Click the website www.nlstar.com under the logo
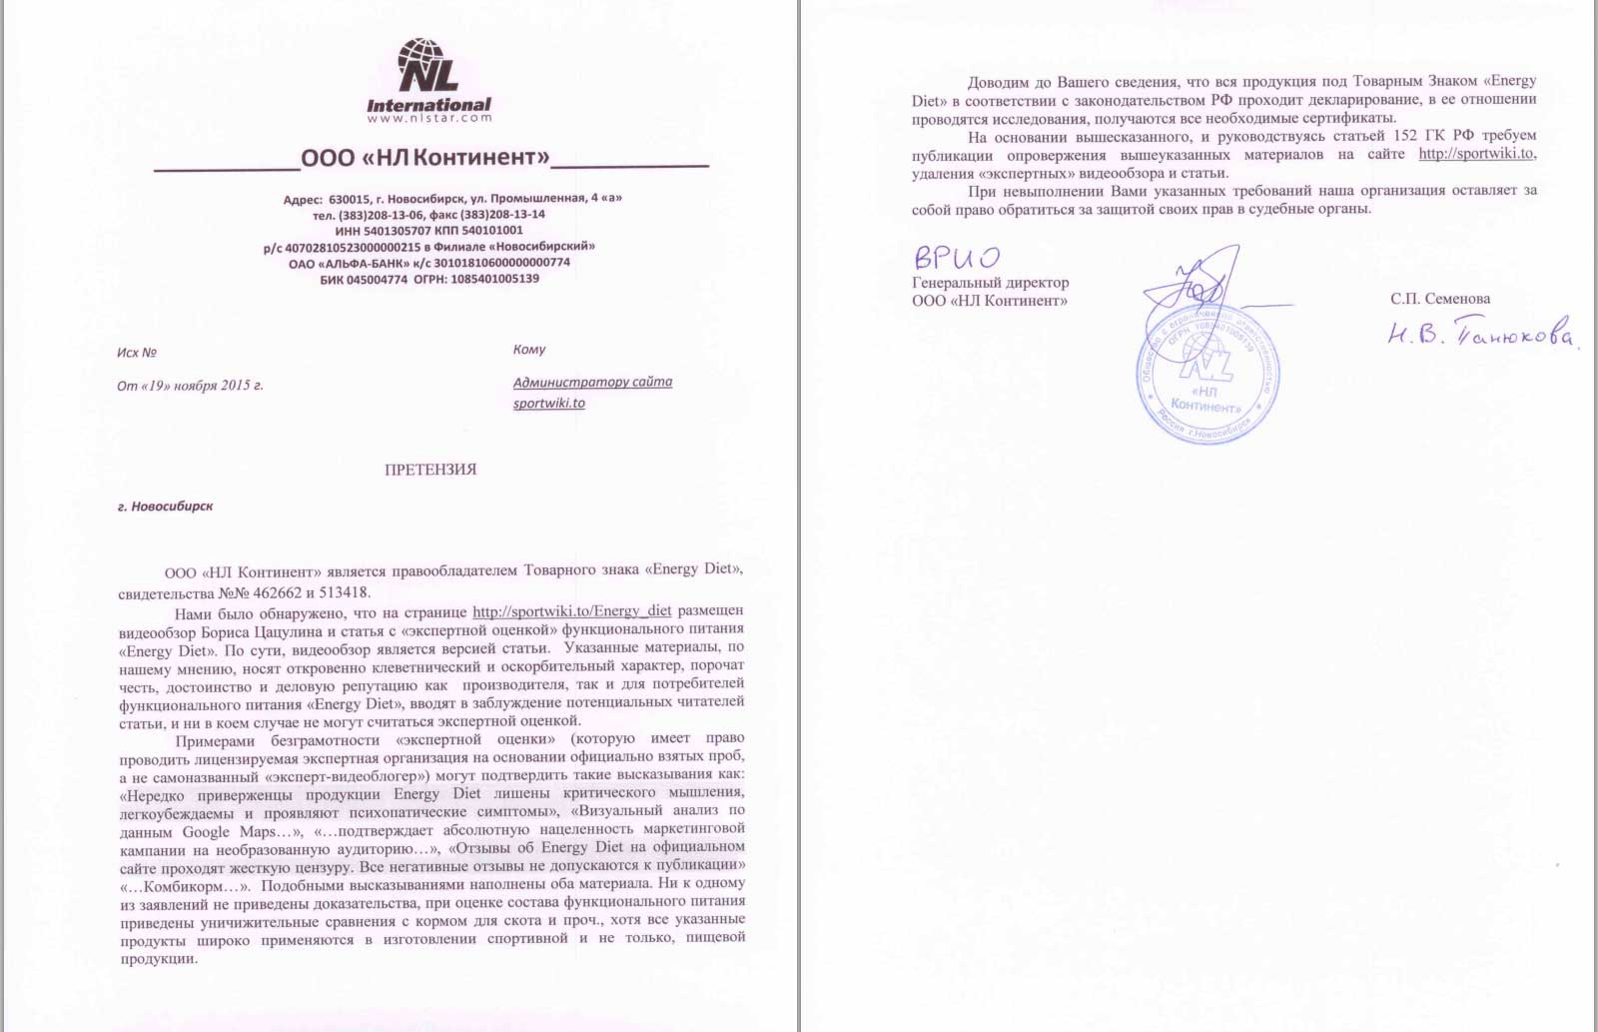[x=429, y=118]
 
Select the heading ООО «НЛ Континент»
[x=425, y=158]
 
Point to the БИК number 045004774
[x=377, y=280]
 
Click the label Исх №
[x=137, y=353]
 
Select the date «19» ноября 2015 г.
[x=205, y=386]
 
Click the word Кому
[x=529, y=350]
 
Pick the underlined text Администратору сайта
[x=592, y=382]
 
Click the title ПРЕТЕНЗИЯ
[x=430, y=470]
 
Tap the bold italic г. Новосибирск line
[x=165, y=507]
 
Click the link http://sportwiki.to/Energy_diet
[x=571, y=611]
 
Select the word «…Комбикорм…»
[x=185, y=886]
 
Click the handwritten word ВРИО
[x=956, y=258]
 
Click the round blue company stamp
[x=1208, y=375]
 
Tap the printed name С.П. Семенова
[x=1439, y=299]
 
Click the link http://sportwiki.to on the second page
[x=1475, y=154]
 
